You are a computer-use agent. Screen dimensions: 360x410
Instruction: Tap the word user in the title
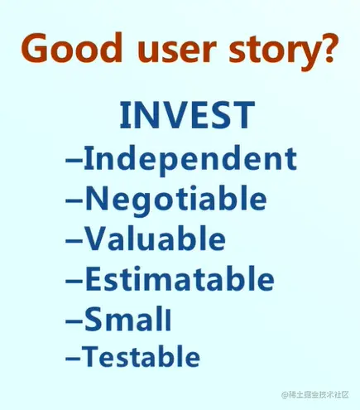(177, 51)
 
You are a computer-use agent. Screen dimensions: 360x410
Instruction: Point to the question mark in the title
(326, 47)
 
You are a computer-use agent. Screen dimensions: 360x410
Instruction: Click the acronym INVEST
(187, 115)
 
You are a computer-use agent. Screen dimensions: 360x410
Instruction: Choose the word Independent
(190, 160)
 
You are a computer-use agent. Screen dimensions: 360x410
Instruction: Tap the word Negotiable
(176, 200)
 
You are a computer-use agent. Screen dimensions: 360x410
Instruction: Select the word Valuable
(155, 238)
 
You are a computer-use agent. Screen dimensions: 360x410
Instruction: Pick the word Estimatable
(180, 278)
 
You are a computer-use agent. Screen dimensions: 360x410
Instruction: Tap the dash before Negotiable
(74, 200)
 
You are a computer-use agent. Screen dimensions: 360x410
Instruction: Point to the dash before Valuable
(74, 241)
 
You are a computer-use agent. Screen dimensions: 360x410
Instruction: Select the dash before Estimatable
(74, 281)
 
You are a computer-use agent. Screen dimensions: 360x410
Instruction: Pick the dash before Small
(74, 321)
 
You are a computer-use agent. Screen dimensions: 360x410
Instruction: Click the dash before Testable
(74, 359)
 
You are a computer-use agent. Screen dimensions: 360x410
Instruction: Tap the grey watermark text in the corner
(314, 394)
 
